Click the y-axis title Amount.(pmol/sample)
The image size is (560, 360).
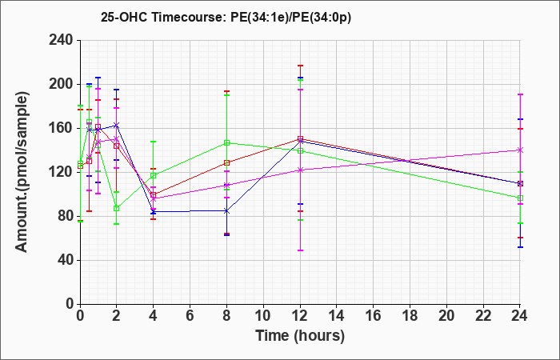(x=22, y=172)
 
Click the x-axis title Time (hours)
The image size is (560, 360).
(x=300, y=336)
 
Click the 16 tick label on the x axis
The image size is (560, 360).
(x=374, y=316)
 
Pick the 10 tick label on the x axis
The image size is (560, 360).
(x=263, y=316)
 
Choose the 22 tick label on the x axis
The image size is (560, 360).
(x=483, y=316)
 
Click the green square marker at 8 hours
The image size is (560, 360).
(x=226, y=143)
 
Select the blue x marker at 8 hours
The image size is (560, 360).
(x=226, y=211)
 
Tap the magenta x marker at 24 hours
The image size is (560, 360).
(x=520, y=150)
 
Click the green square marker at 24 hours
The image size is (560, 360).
(x=520, y=198)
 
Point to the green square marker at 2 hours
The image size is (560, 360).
(x=117, y=208)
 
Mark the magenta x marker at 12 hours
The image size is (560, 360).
(x=300, y=170)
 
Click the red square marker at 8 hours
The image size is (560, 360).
(x=226, y=163)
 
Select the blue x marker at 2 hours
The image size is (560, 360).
(x=117, y=126)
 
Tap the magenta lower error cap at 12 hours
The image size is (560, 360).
(x=300, y=250)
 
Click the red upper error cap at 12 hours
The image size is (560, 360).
(x=300, y=66)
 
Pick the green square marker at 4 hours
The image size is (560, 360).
(x=154, y=175)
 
